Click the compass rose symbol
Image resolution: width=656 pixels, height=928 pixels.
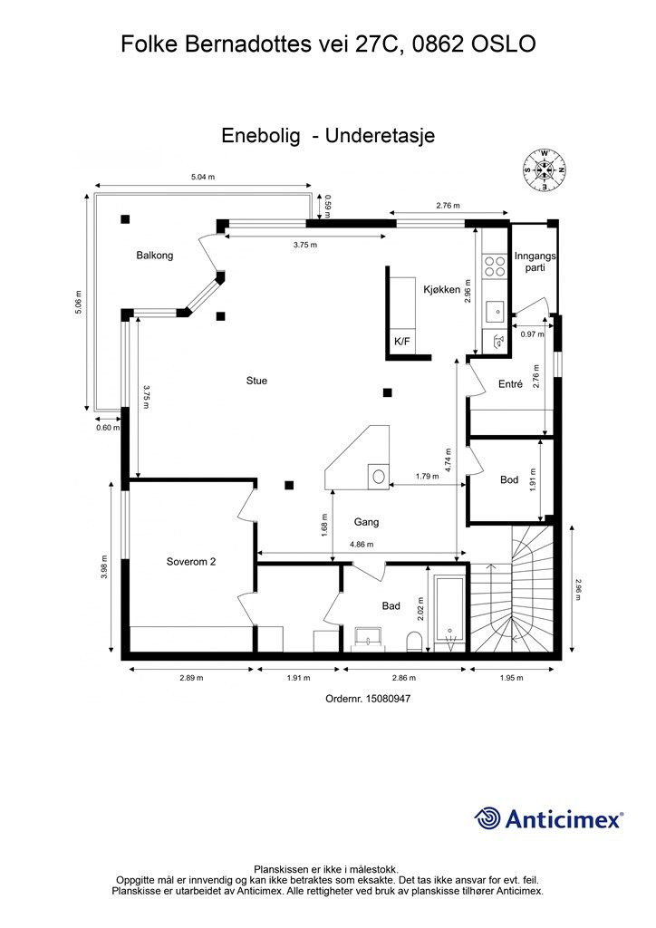pyautogui.click(x=545, y=170)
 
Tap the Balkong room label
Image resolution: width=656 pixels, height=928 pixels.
pyautogui.click(x=154, y=255)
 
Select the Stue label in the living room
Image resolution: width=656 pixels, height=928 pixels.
pyautogui.click(x=256, y=381)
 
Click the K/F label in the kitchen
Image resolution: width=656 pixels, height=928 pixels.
pyautogui.click(x=401, y=341)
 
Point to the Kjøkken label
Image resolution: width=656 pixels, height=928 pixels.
pyautogui.click(x=442, y=289)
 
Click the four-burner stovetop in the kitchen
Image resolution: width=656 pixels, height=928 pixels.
pyautogui.click(x=494, y=266)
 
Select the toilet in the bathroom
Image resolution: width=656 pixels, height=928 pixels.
pyautogui.click(x=415, y=642)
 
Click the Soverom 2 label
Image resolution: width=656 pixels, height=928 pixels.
pyautogui.click(x=191, y=562)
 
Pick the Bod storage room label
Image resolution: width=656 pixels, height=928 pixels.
pyautogui.click(x=509, y=479)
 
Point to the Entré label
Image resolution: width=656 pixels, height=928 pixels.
pyautogui.click(x=510, y=384)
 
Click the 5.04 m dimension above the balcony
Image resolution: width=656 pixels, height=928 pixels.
pyautogui.click(x=202, y=177)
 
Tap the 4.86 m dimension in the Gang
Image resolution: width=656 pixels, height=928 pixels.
pyautogui.click(x=362, y=545)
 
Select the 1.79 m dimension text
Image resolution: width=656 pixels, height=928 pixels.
pyautogui.click(x=427, y=476)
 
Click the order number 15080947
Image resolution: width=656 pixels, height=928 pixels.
pyautogui.click(x=368, y=699)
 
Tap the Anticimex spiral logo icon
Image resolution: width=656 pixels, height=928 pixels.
pyautogui.click(x=487, y=818)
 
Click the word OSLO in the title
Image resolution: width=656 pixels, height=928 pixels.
pyautogui.click(x=504, y=44)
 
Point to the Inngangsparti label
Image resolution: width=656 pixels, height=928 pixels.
pyautogui.click(x=535, y=262)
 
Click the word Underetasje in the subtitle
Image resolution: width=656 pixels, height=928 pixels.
pyautogui.click(x=381, y=136)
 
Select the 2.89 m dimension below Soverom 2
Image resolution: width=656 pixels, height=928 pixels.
pyautogui.click(x=192, y=678)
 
